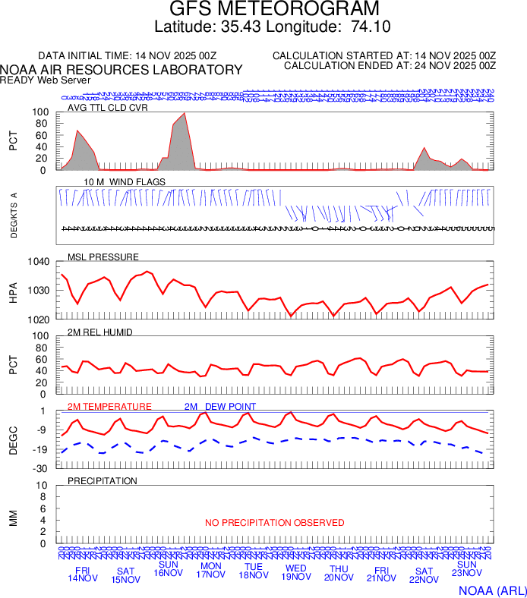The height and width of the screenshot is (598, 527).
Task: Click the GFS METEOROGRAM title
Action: [x=263, y=10]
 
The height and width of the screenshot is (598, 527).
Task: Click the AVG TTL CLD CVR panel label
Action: [x=107, y=108]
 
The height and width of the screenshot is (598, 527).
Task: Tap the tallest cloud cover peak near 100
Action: [x=185, y=114]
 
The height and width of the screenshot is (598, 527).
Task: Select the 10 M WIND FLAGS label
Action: [x=125, y=182]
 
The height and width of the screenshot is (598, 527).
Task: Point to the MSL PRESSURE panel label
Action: [x=103, y=257]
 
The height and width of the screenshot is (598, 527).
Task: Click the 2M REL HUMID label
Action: [x=100, y=331]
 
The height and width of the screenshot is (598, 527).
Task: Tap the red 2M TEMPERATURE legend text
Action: [x=109, y=407]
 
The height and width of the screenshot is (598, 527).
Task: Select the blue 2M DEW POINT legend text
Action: [x=220, y=407]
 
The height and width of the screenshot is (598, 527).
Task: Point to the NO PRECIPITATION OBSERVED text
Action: [x=275, y=523]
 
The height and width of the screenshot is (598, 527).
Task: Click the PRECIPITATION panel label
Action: [x=103, y=481]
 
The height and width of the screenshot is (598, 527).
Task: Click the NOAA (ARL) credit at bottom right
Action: [x=491, y=590]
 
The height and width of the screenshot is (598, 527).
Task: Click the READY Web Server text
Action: [x=46, y=80]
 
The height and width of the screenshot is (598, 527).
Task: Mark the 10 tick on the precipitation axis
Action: [x=43, y=486]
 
